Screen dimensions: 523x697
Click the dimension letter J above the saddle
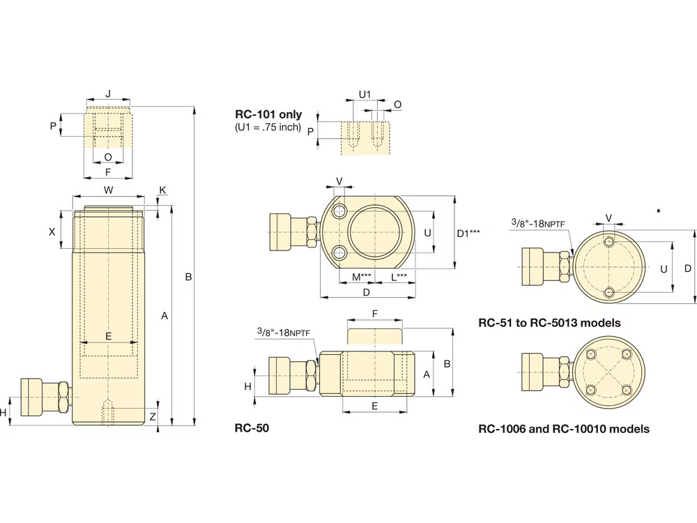coord(107,93)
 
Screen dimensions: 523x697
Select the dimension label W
coord(108,190)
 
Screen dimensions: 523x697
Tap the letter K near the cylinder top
coord(162,190)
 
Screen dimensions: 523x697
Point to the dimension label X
coord(52,231)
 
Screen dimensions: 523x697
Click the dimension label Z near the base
coord(153,416)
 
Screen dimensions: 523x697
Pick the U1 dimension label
coord(365,93)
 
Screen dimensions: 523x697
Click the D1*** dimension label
coord(468,234)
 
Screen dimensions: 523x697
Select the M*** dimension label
coord(361,277)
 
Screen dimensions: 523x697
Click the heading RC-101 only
coord(268,114)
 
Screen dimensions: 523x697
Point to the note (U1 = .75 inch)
coord(268,127)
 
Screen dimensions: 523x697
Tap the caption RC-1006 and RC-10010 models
coord(564,429)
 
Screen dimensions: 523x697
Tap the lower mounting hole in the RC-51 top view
coord(609,292)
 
